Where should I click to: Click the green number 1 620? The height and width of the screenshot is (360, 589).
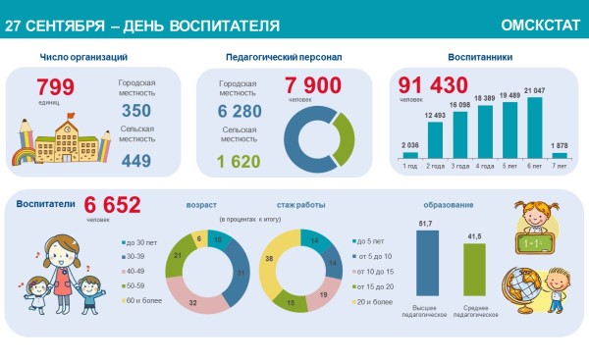(240, 161)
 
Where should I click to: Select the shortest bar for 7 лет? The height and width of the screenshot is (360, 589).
(560, 154)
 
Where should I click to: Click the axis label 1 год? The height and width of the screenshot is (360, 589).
(409, 167)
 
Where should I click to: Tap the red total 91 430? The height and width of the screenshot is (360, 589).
(424, 84)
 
